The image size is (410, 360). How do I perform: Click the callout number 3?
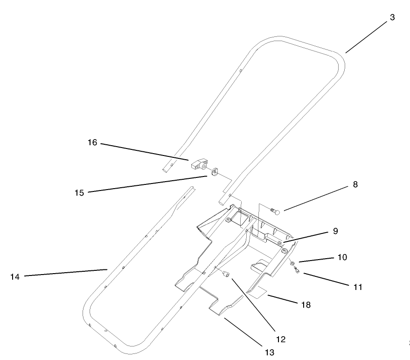pos(392,18)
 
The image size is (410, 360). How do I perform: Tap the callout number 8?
pos(355,184)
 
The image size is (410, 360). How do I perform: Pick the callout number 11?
pos(357,287)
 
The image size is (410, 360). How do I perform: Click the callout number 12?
pos(281,339)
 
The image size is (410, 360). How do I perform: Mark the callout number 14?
pos(15,277)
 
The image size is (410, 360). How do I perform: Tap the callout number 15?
pos(79,192)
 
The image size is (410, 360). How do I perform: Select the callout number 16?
pos(92,142)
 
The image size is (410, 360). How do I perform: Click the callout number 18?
pos(306,305)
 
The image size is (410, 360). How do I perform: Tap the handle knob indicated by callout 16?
pos(198,164)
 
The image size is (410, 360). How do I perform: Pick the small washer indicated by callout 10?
pos(291,262)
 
